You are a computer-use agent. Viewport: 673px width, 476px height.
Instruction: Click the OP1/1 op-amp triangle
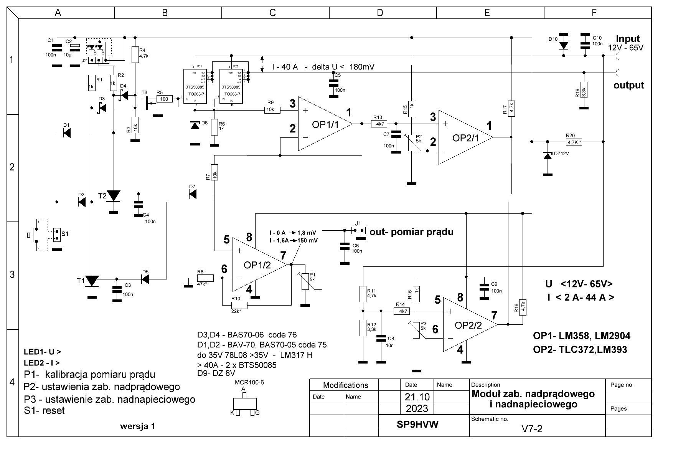pyautogui.click(x=324, y=124)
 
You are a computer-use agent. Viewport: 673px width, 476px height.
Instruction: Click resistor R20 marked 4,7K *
pyautogui.click(x=574, y=142)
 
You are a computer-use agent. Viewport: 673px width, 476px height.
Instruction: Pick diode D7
pyautogui.click(x=193, y=194)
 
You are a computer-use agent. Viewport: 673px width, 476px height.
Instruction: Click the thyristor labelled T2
pyautogui.click(x=113, y=196)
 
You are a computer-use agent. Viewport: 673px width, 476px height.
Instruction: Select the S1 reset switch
pyautogui.click(x=57, y=235)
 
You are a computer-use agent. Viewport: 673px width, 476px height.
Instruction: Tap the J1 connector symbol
pyautogui.click(x=358, y=231)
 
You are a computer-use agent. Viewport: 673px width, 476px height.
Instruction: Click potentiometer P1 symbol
pyautogui.click(x=305, y=281)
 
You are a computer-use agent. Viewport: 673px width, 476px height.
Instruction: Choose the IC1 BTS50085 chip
pyautogui.click(x=195, y=87)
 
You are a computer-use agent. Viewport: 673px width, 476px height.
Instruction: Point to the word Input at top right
pyautogui.click(x=628, y=39)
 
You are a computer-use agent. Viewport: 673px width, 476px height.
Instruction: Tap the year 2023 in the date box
pyautogui.click(x=417, y=408)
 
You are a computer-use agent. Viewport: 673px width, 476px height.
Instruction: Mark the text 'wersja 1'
pyautogui.click(x=138, y=426)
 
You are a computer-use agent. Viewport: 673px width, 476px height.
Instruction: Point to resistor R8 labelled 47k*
pyautogui.click(x=205, y=278)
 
